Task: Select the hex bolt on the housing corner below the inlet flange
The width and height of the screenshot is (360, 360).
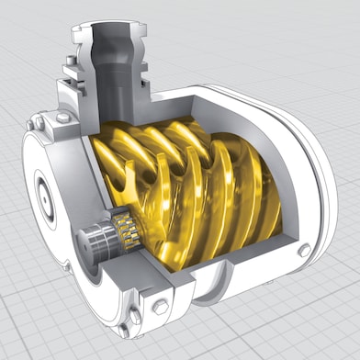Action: [62, 118]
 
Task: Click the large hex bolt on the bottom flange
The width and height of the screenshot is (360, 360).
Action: [158, 305]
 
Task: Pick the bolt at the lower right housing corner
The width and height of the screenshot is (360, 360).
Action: [303, 250]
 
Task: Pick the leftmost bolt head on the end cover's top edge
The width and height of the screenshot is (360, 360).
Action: [37, 121]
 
